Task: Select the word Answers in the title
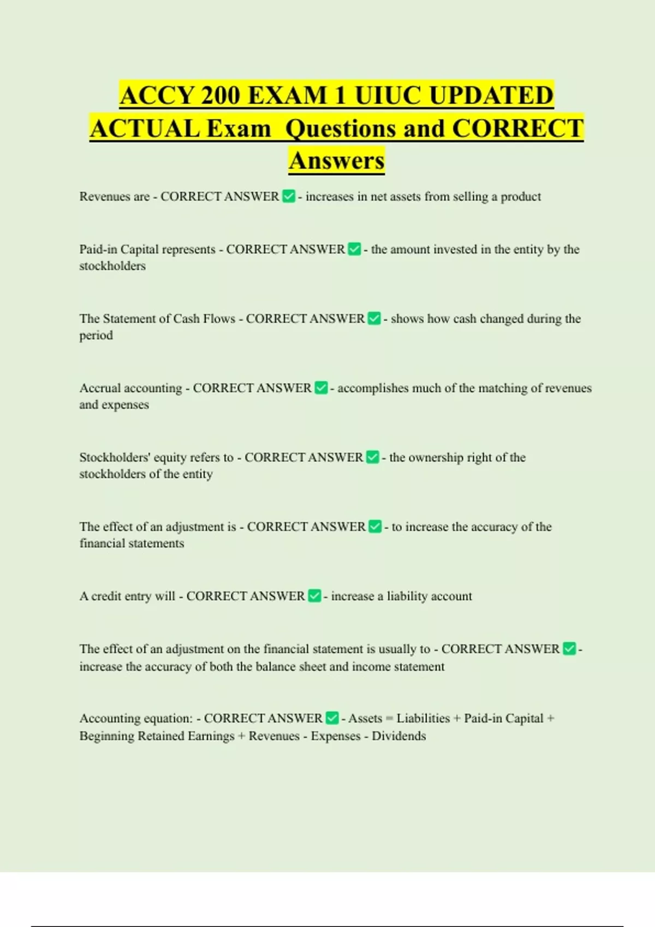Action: tap(336, 161)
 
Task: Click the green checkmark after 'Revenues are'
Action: tap(289, 196)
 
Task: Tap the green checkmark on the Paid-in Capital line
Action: tap(354, 249)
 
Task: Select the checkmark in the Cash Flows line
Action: tap(374, 318)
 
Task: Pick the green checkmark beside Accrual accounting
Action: tap(321, 388)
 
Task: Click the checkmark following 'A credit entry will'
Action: tap(314, 596)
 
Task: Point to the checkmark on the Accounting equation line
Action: tap(332, 718)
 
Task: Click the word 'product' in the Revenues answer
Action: tap(521, 197)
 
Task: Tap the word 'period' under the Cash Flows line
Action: tap(96, 336)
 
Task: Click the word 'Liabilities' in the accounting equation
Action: tap(423, 719)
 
